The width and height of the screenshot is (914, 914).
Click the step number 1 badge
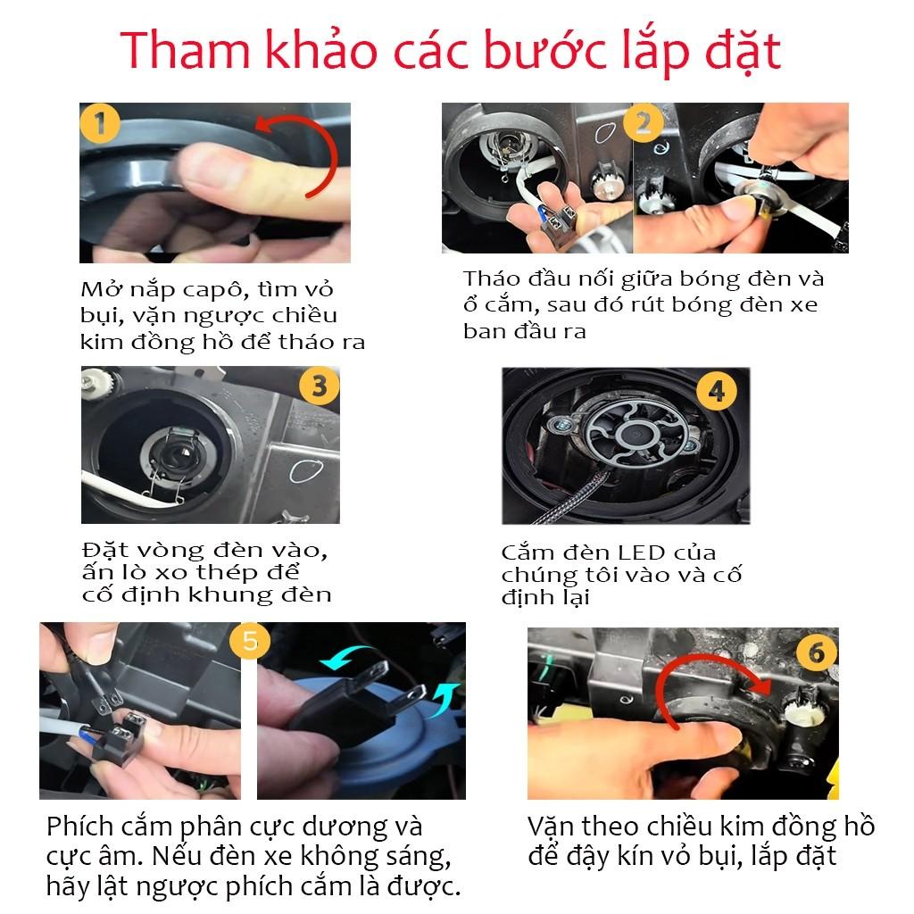(x=100, y=123)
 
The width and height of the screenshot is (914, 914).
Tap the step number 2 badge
(x=644, y=123)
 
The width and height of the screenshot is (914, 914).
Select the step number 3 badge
(x=319, y=386)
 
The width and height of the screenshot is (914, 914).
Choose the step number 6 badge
(x=816, y=652)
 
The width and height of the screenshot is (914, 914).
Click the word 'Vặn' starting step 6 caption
(x=554, y=827)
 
